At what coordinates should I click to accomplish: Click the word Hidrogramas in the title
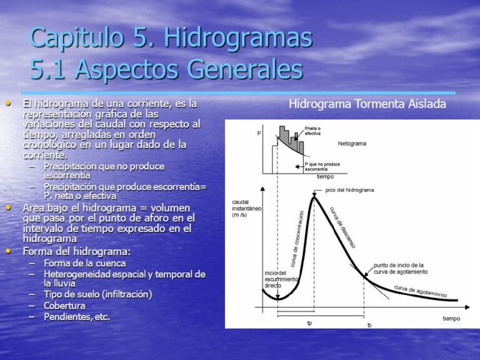click(238, 37)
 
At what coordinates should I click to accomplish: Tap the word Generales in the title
click(245, 69)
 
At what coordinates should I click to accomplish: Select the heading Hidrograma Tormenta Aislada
click(367, 104)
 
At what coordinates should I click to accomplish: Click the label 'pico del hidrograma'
click(349, 190)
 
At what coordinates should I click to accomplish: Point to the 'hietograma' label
click(352, 144)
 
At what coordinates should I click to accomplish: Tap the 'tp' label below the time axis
click(309, 323)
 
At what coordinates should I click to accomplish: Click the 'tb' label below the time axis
click(369, 325)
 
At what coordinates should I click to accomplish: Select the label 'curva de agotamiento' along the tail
click(421, 291)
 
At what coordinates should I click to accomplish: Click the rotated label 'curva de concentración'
click(297, 239)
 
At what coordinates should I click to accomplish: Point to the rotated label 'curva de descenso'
click(342, 227)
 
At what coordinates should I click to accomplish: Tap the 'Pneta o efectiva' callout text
click(312, 131)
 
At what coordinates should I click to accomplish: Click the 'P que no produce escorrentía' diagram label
click(322, 166)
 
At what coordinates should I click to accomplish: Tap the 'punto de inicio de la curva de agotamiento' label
click(401, 269)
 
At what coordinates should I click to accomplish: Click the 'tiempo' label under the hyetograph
click(325, 177)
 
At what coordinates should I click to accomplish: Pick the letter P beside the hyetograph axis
click(259, 134)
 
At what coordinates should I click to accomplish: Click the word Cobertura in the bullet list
click(64, 306)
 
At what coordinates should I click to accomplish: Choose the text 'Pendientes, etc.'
click(77, 317)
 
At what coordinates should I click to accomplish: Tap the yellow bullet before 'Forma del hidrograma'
click(8, 251)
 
